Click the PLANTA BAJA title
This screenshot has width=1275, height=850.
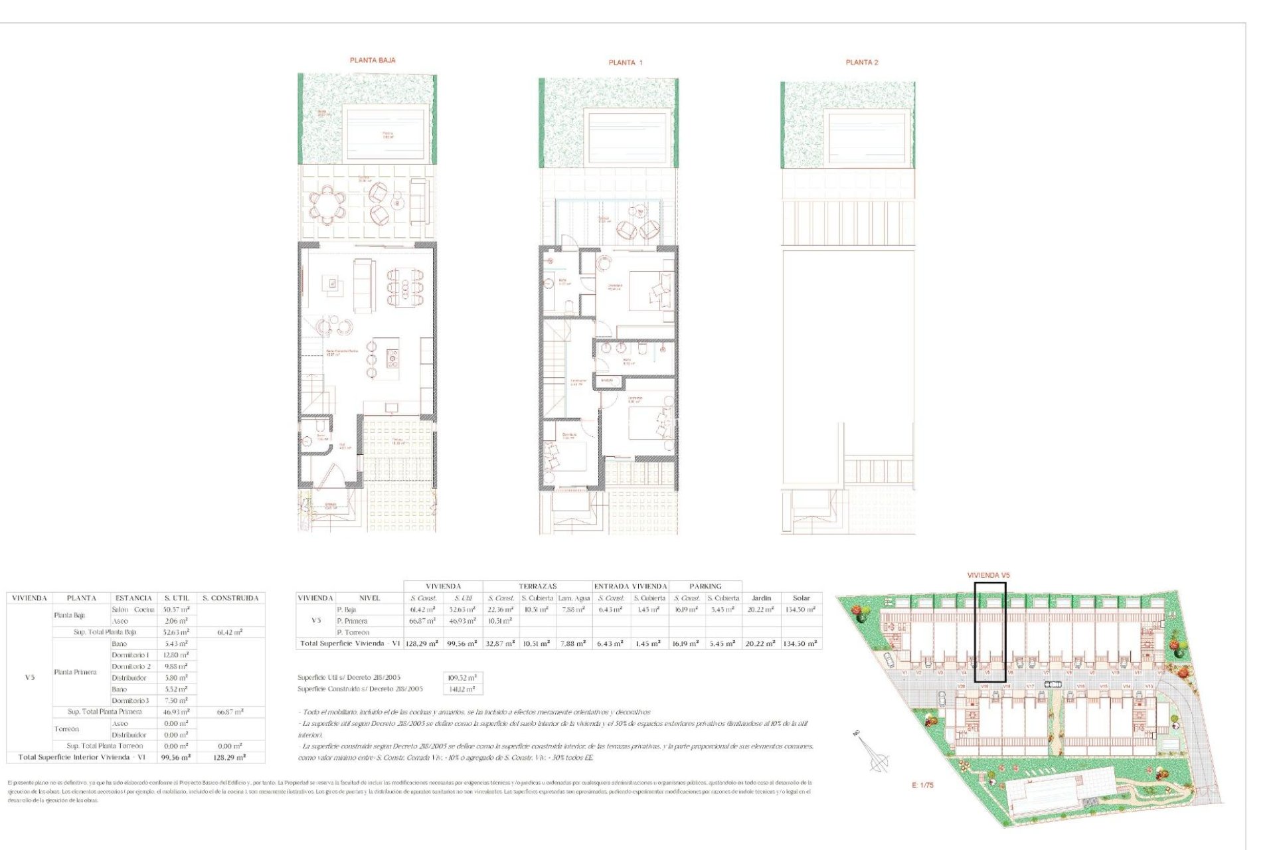click(373, 60)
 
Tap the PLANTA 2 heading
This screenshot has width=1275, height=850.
click(861, 62)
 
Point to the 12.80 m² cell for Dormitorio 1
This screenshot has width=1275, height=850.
click(176, 655)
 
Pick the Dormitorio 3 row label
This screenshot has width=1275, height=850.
click(130, 701)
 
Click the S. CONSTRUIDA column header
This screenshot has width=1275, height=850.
click(230, 598)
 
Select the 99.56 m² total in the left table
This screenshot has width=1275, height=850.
click(176, 757)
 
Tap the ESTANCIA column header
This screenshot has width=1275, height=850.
click(133, 598)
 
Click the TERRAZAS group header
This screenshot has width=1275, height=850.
click(537, 586)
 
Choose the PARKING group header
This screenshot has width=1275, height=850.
click(705, 586)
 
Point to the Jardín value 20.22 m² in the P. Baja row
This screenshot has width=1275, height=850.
click(761, 610)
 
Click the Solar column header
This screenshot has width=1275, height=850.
click(802, 598)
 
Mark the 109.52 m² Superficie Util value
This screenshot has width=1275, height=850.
click(462, 678)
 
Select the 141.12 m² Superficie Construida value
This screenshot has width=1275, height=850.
click(462, 689)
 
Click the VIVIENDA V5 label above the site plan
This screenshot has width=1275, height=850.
click(988, 575)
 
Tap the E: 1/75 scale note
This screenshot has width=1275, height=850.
click(922, 785)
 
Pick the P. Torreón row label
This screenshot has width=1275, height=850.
click(353, 632)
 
